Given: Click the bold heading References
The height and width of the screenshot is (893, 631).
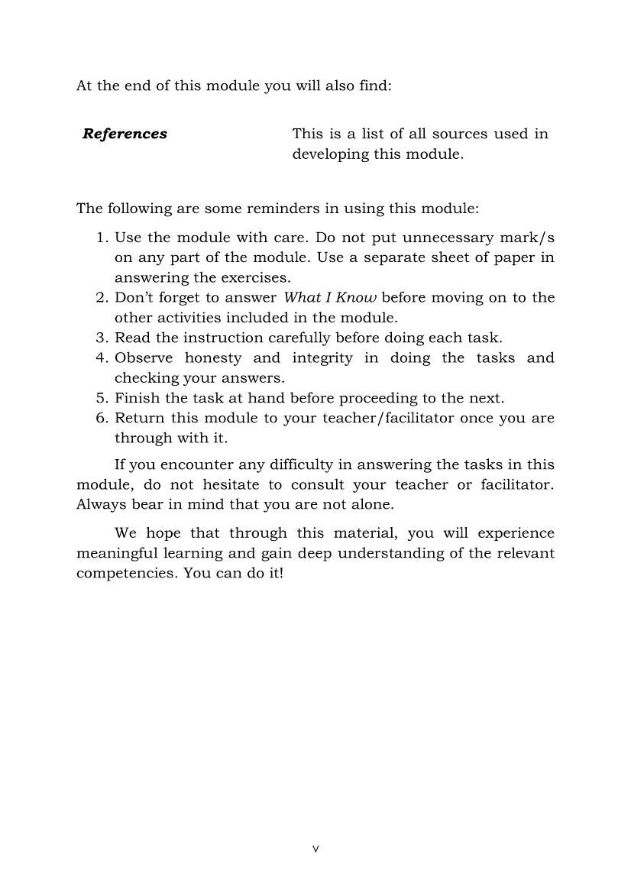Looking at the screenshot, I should coord(125,134).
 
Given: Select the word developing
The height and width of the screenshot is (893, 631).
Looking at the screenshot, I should coord(331,154).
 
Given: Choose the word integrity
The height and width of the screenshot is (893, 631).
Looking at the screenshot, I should coord(322,358).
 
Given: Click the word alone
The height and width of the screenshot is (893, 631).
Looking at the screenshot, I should coord(370,504).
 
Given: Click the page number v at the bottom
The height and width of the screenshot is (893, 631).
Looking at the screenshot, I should coord(315,849).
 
